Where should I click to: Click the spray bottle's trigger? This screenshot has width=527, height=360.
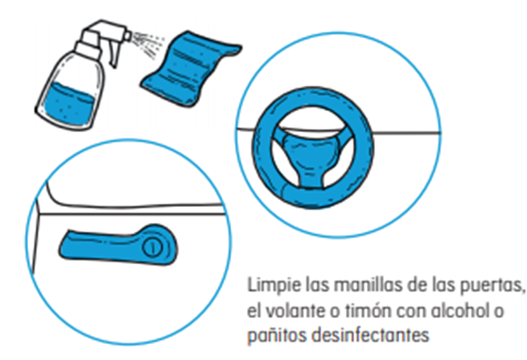[115, 55]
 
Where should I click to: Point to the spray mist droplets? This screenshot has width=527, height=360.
[148, 43]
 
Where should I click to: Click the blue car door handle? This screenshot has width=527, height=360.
[118, 245]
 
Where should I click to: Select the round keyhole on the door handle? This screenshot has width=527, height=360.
[153, 247]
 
